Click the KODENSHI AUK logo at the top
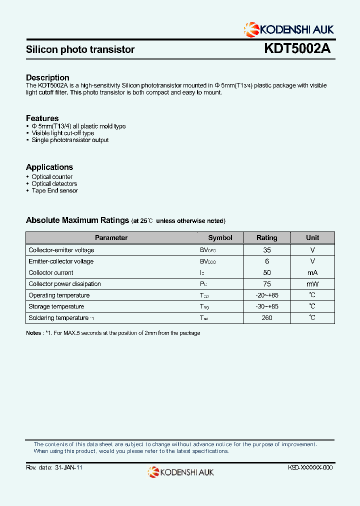288,28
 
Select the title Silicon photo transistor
80,49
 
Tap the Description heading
47,77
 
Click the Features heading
42,118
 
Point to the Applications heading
49,167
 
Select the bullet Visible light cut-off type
62,133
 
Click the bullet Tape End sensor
54,190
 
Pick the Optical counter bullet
52,177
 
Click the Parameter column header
111,238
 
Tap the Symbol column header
220,238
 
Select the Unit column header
312,238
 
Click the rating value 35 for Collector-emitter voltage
267,250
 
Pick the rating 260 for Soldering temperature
267,318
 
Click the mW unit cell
312,284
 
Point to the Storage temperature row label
56,306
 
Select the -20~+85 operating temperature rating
267,295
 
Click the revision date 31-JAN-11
67,467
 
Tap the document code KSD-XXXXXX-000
310,467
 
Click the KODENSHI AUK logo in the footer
180,471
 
